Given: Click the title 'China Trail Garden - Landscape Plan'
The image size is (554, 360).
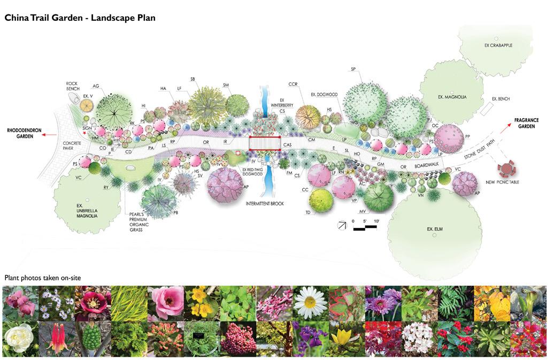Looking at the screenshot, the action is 80,18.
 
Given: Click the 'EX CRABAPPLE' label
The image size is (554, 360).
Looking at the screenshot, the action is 498,45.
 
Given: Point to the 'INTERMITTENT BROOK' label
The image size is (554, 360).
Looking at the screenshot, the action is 265,204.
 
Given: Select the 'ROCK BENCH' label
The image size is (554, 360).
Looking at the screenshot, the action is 72,86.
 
